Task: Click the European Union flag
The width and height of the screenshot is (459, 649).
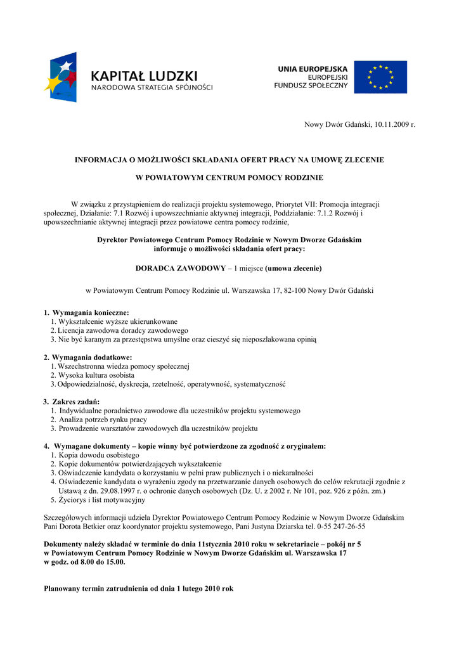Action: pos(380,77)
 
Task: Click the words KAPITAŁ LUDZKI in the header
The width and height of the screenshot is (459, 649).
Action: pos(144,76)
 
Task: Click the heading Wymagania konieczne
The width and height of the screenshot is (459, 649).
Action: pos(90,312)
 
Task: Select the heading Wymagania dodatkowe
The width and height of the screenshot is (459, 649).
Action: pos(91,357)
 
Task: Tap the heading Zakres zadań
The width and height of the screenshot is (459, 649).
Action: pos(75,402)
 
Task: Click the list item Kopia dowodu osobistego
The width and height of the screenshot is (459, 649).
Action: pos(99,455)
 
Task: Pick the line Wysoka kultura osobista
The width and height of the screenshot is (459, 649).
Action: pos(96,375)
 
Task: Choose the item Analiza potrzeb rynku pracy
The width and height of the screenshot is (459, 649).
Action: pos(103,420)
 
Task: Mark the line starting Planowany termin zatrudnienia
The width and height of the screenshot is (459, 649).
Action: pos(138,588)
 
